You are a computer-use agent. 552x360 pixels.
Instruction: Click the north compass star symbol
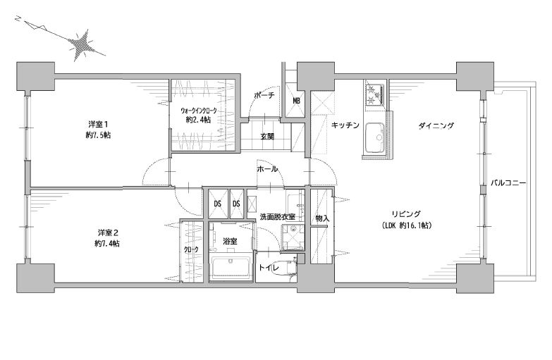click(82, 44)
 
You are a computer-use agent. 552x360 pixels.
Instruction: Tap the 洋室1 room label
click(97, 124)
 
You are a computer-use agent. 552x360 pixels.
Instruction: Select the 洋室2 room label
click(107, 232)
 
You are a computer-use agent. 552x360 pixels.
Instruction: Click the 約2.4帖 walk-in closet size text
click(199, 120)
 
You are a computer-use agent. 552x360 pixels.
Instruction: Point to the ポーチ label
click(264, 95)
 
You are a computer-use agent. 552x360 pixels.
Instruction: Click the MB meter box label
click(296, 101)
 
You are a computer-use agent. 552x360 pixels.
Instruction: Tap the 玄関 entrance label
click(267, 136)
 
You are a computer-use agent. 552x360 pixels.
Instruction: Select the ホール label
click(267, 169)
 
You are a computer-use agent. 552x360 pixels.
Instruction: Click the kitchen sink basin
click(376, 137)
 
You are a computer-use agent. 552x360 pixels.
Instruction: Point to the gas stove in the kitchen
click(376, 94)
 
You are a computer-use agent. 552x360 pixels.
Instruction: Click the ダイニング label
click(436, 125)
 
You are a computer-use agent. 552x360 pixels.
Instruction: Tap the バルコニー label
click(508, 183)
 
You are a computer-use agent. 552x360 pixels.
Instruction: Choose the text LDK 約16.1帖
click(407, 226)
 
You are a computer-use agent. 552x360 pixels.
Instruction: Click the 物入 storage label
click(322, 218)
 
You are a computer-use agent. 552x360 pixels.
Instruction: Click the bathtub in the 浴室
click(231, 268)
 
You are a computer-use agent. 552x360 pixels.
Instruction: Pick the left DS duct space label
click(217, 204)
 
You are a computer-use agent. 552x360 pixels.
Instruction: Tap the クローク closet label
click(191, 249)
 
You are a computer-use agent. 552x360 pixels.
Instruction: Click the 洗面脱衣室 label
click(277, 217)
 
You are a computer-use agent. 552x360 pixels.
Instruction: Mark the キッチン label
click(345, 125)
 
